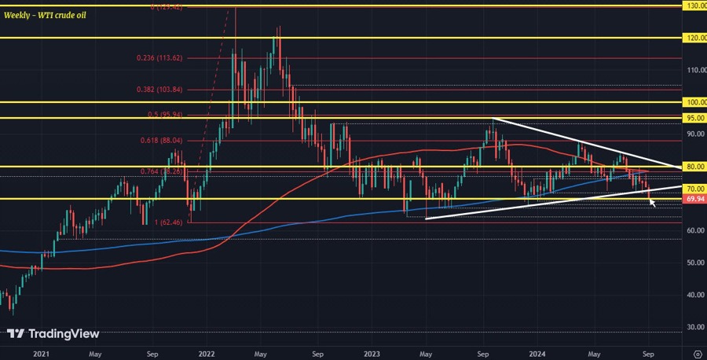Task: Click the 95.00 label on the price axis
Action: click(694, 118)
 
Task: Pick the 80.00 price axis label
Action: click(694, 167)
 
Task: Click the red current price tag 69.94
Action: click(694, 200)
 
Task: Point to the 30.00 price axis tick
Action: click(694, 327)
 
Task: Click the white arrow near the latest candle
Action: click(652, 202)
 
